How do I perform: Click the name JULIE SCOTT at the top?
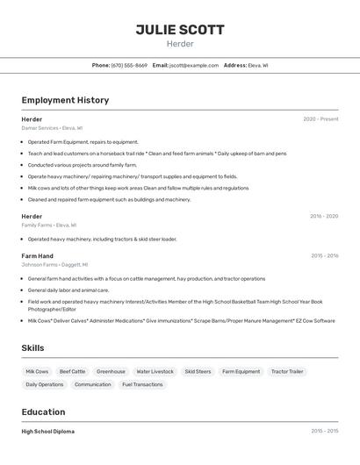pos(180,30)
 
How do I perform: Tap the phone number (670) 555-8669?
pos(129,65)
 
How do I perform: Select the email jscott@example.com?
pos(194,65)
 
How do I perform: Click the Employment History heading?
pos(65,100)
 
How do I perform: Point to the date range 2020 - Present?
pos(320,119)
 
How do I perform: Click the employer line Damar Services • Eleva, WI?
pos(52,128)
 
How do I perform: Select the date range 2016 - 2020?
pos(323,216)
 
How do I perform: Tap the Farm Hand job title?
pos(37,256)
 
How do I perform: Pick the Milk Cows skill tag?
pos(37,371)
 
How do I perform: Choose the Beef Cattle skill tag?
pos(72,371)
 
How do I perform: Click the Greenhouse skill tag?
pos(111,371)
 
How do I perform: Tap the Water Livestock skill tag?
pos(155,371)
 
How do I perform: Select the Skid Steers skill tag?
pos(198,371)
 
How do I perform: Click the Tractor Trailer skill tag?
pos(287,371)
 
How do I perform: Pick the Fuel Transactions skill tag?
pos(142,384)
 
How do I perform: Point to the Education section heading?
pos(43,411)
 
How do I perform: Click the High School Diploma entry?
pos(47,432)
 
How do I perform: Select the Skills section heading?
pos(32,348)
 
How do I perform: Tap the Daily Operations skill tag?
pos(44,384)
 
